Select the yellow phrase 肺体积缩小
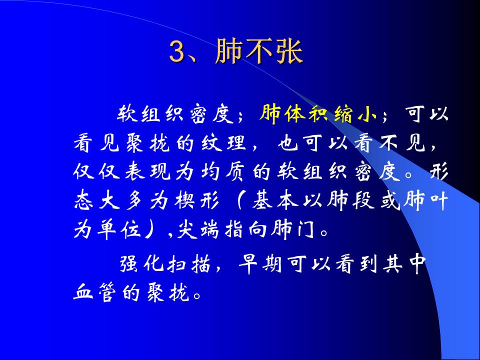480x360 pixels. (318, 114)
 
